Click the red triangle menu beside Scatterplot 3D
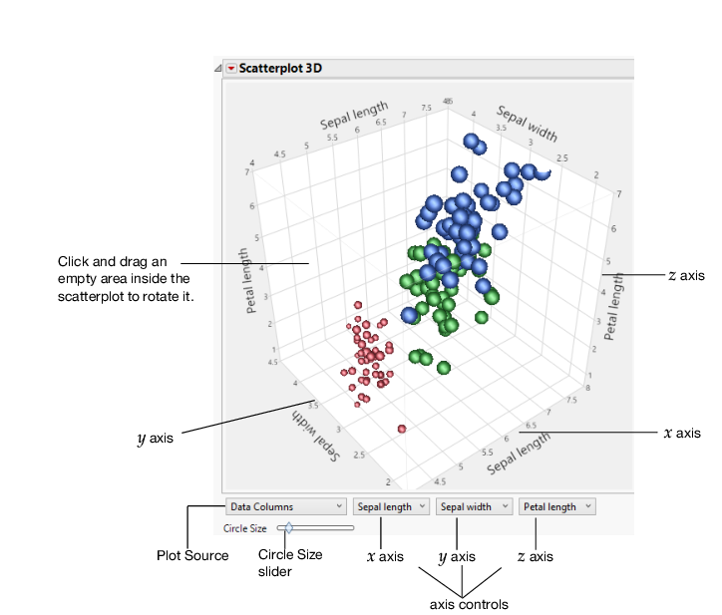click(231, 69)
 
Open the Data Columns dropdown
click(286, 506)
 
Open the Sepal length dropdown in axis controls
click(391, 506)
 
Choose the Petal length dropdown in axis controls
click(556, 506)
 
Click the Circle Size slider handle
click(288, 526)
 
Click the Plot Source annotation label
click(192, 555)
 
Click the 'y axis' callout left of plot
click(156, 437)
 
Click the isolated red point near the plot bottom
click(402, 429)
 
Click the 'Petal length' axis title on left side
click(243, 280)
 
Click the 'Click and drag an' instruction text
click(120, 261)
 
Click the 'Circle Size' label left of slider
click(244, 527)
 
